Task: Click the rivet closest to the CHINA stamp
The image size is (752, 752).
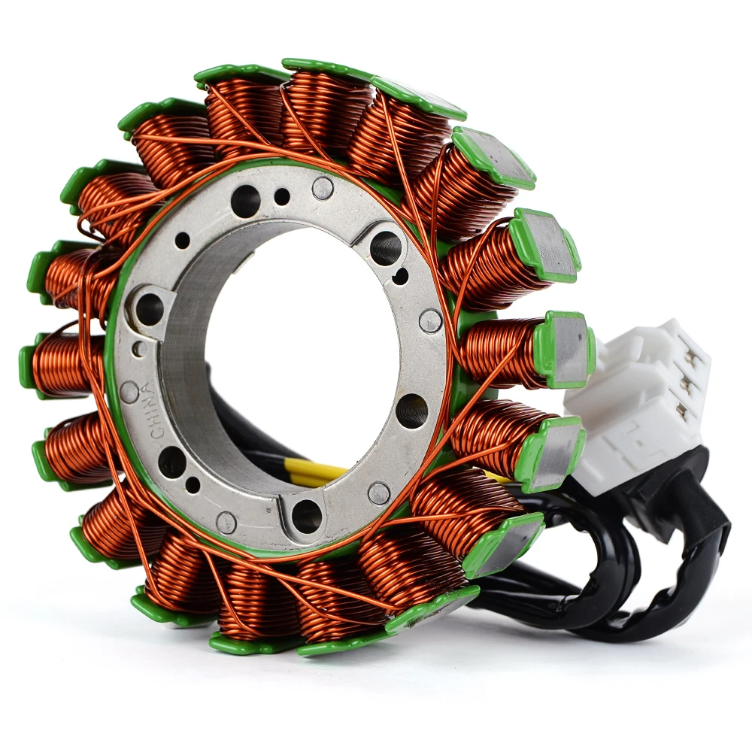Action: (x=129, y=392)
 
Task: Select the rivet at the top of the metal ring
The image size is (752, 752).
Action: (x=323, y=188)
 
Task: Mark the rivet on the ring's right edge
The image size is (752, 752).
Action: (x=430, y=321)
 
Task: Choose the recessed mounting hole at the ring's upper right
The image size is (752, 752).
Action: (x=385, y=247)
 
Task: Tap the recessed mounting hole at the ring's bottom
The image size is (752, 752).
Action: (x=306, y=516)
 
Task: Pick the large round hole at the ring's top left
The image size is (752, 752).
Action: (x=245, y=201)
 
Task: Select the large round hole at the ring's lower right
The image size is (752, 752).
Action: (x=411, y=411)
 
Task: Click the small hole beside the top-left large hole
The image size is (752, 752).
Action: (x=282, y=197)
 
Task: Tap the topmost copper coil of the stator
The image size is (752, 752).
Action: (x=329, y=105)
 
